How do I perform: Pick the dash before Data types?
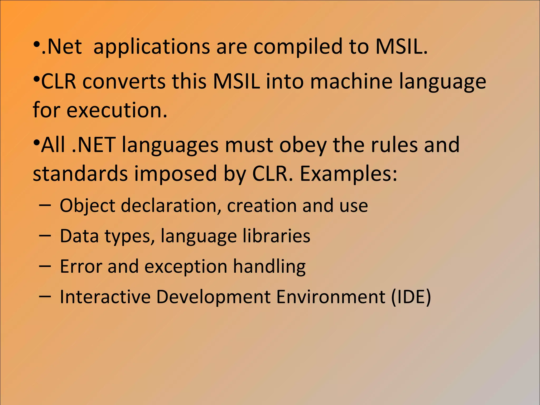click(x=45, y=235)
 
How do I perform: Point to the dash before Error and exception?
click(x=45, y=266)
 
